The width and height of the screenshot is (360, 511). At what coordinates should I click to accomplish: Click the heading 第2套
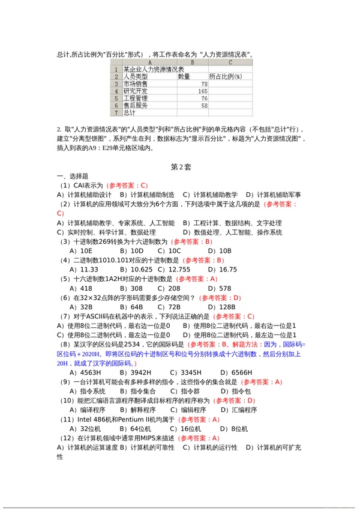click(180, 167)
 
